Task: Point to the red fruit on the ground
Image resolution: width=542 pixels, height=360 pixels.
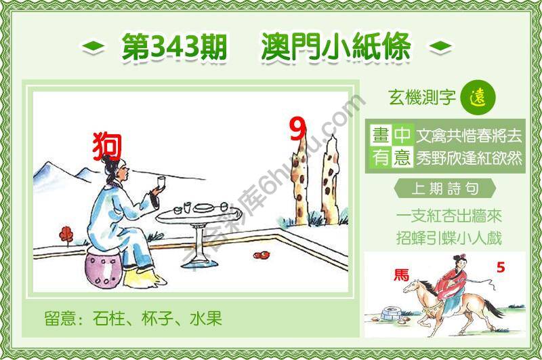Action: click(x=259, y=256)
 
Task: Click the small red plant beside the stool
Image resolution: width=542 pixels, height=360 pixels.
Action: click(x=66, y=235)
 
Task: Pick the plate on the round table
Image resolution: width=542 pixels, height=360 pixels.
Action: click(x=203, y=207)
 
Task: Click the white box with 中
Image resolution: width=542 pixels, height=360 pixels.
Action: click(x=402, y=134)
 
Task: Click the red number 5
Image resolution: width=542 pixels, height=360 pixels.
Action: click(x=500, y=267)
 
